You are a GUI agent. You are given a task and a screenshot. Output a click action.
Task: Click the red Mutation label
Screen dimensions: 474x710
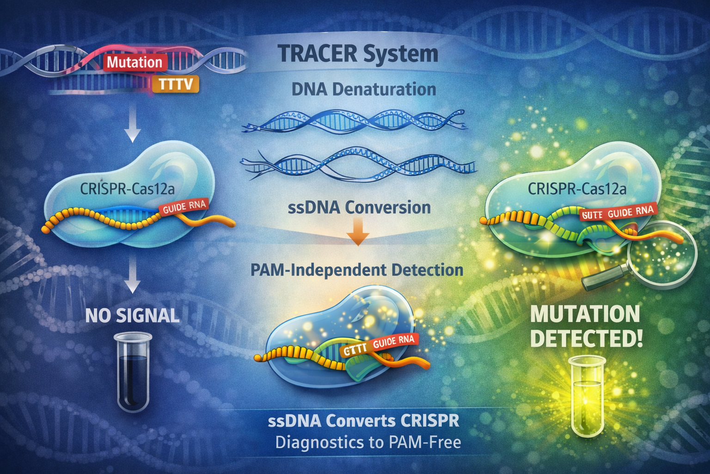135,62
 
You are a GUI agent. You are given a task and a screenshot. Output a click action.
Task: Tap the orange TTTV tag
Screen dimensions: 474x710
176,84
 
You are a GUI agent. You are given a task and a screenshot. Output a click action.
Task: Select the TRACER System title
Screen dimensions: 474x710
358,54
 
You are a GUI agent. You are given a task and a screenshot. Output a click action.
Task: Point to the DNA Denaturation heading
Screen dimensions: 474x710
364,89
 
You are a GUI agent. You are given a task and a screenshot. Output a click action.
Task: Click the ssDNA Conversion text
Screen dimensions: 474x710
359,207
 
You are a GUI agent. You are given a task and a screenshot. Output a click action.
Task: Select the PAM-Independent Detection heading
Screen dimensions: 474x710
356,270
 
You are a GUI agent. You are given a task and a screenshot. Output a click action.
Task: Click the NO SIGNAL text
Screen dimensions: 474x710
132,316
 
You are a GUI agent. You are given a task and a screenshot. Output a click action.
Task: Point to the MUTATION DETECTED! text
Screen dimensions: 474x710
586,326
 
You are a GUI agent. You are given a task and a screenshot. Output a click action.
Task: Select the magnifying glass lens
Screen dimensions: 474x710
662,253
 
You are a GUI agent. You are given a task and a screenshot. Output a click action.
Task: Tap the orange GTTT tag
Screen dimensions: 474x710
355,349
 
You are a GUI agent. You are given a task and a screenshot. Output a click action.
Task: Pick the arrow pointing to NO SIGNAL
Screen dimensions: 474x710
133,275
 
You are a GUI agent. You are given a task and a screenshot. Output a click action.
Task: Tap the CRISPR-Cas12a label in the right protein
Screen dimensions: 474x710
577,189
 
